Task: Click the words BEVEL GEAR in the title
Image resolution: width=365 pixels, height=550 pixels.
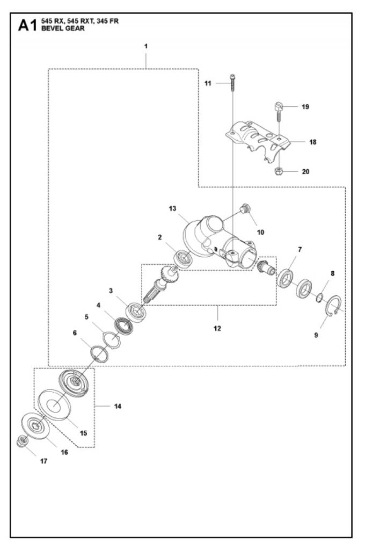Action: tap(63, 29)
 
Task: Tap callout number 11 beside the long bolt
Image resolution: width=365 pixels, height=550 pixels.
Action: tap(208, 83)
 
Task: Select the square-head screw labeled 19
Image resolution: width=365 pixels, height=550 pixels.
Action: tap(278, 110)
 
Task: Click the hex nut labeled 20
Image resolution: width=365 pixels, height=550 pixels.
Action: tap(279, 171)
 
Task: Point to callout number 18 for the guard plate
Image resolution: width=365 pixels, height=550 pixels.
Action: tap(313, 142)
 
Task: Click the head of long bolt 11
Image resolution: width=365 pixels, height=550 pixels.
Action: tap(232, 76)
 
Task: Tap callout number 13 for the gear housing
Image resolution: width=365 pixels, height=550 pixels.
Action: tap(172, 209)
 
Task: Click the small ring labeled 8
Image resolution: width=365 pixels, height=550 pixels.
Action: tap(319, 299)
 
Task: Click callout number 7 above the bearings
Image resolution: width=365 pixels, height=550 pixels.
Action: tap(300, 249)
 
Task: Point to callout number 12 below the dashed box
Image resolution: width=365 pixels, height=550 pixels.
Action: tap(217, 328)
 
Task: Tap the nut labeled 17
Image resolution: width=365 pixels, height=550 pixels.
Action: tap(22, 441)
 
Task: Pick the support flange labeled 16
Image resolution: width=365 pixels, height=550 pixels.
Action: tap(35, 426)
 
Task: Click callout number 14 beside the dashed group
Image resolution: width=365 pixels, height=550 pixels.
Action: tap(118, 406)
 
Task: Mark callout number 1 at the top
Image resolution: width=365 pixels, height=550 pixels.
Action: tap(146, 46)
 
